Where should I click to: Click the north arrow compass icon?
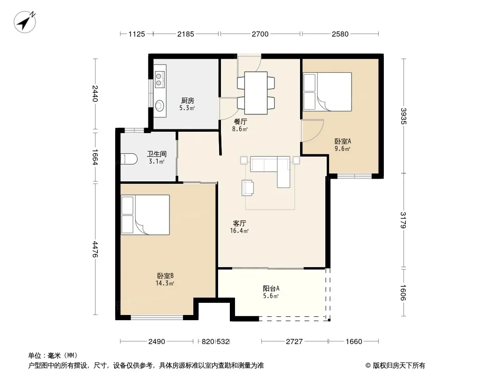point(24,22)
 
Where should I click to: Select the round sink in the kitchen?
point(160,105)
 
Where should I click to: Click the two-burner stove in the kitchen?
point(159,79)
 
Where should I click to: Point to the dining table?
point(256,93)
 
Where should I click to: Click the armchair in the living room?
point(248,187)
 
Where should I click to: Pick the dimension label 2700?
point(260,34)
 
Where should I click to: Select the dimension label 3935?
point(404,116)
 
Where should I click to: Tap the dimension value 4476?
point(95,249)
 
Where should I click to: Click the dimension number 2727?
point(294,342)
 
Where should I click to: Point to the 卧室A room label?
point(343,141)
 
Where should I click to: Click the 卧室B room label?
point(165,276)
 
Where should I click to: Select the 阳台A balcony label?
point(271,288)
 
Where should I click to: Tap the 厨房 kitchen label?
point(187,101)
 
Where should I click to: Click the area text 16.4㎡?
point(239,231)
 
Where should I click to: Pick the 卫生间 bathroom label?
point(156,154)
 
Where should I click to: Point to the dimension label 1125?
point(137,34)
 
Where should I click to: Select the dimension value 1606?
point(404,292)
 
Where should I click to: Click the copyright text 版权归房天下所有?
point(399,366)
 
